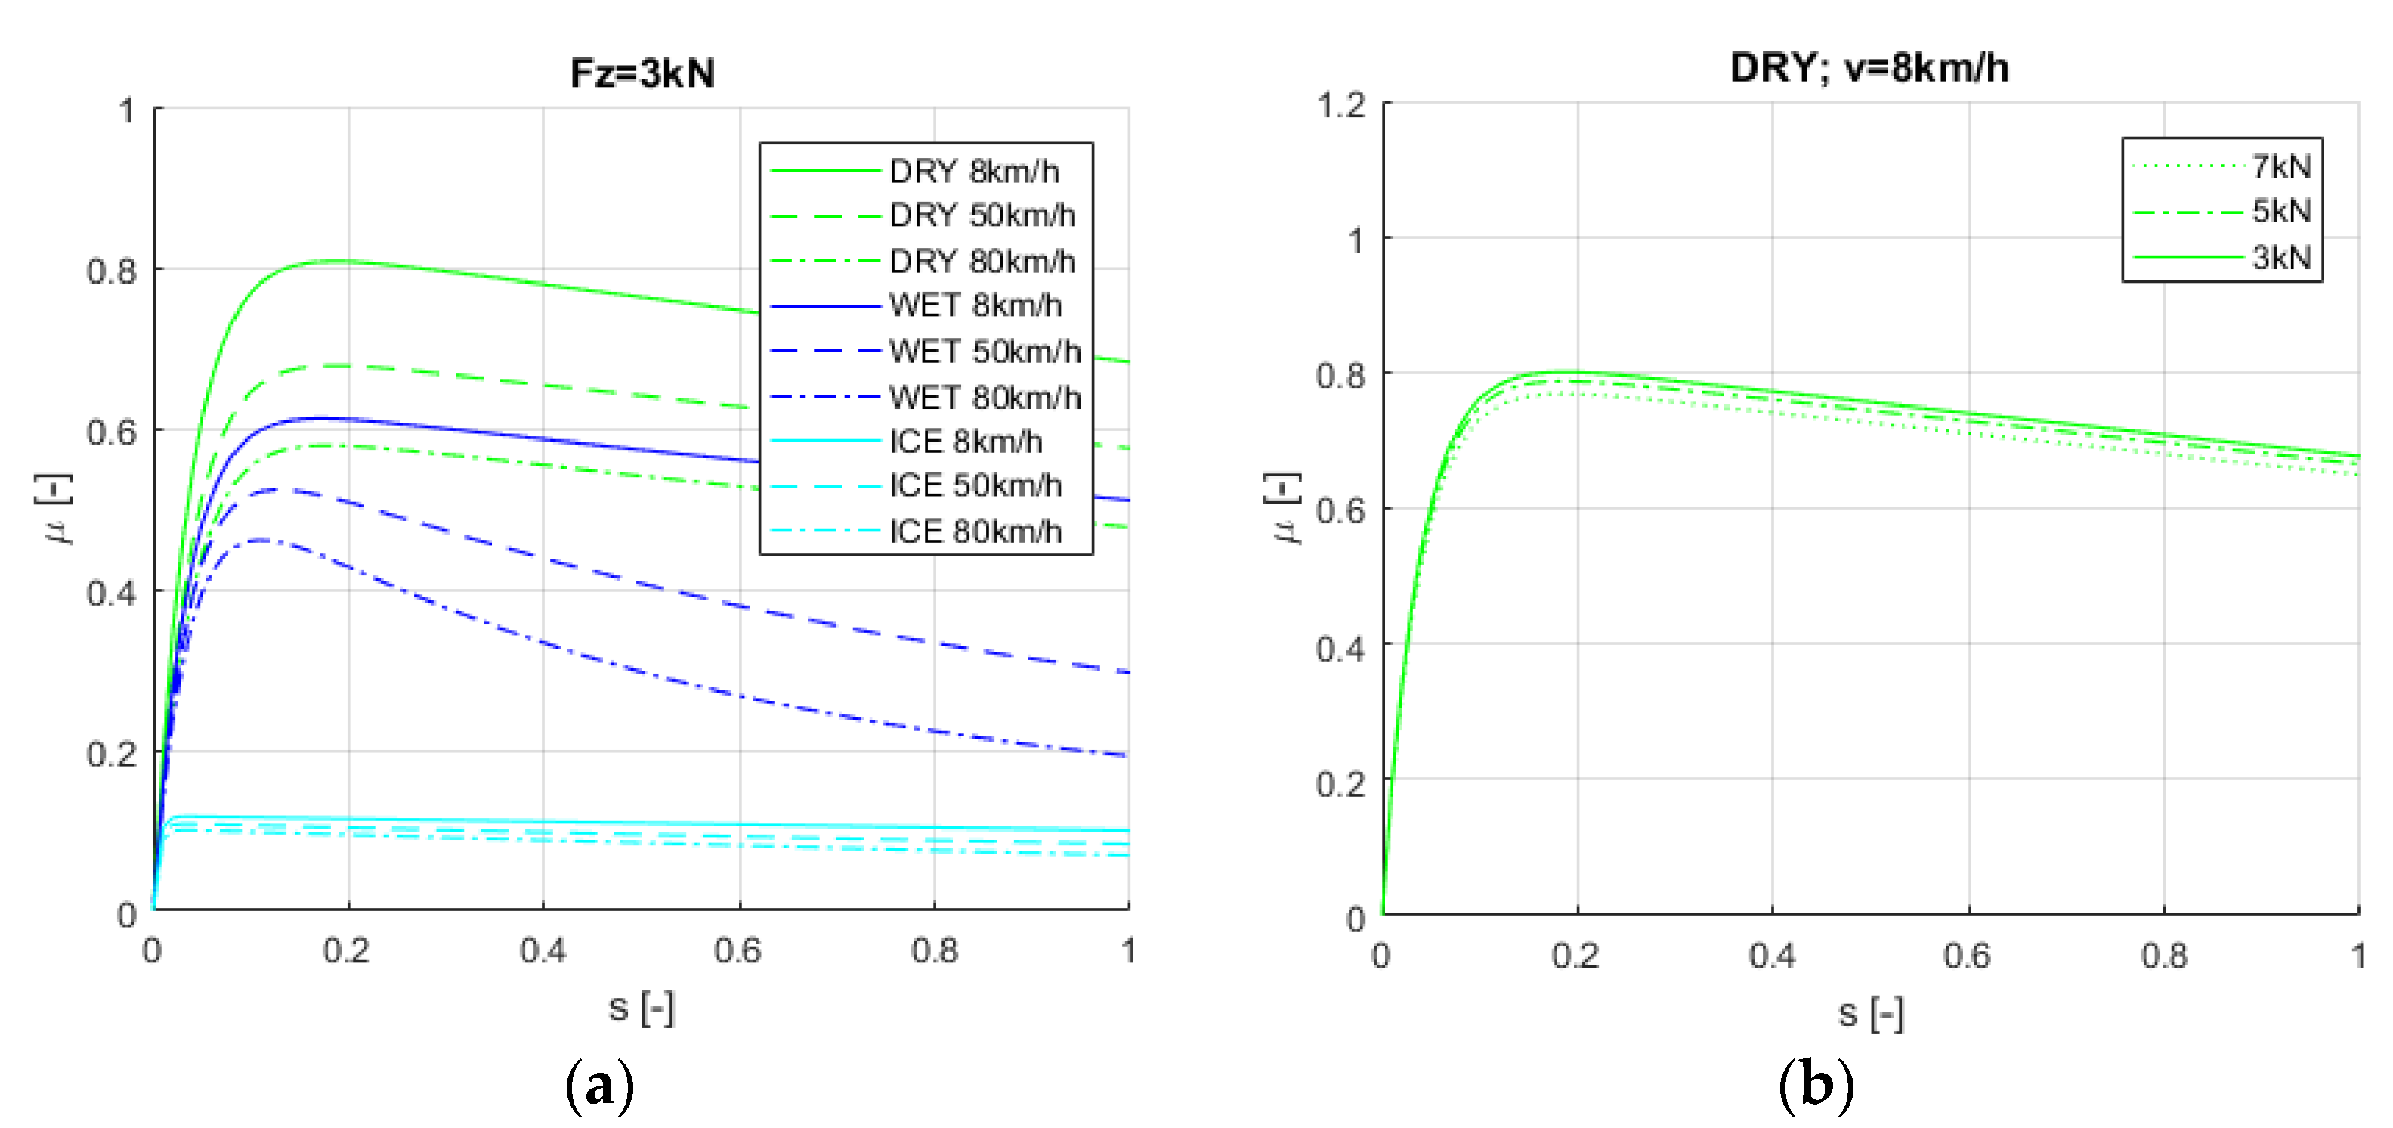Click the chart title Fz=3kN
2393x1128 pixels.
click(642, 73)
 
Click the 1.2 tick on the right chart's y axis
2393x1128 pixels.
click(1341, 105)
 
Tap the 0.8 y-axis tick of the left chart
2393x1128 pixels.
click(112, 271)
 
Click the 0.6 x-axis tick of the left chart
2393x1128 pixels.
click(737, 950)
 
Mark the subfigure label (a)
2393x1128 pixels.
click(599, 1084)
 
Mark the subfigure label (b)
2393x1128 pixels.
click(1816, 1084)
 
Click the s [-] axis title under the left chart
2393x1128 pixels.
click(641, 1007)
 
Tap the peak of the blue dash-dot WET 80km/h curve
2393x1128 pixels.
click(262, 539)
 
